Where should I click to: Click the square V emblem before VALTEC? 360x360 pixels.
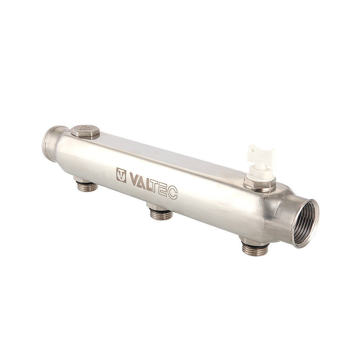coord(121,175)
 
